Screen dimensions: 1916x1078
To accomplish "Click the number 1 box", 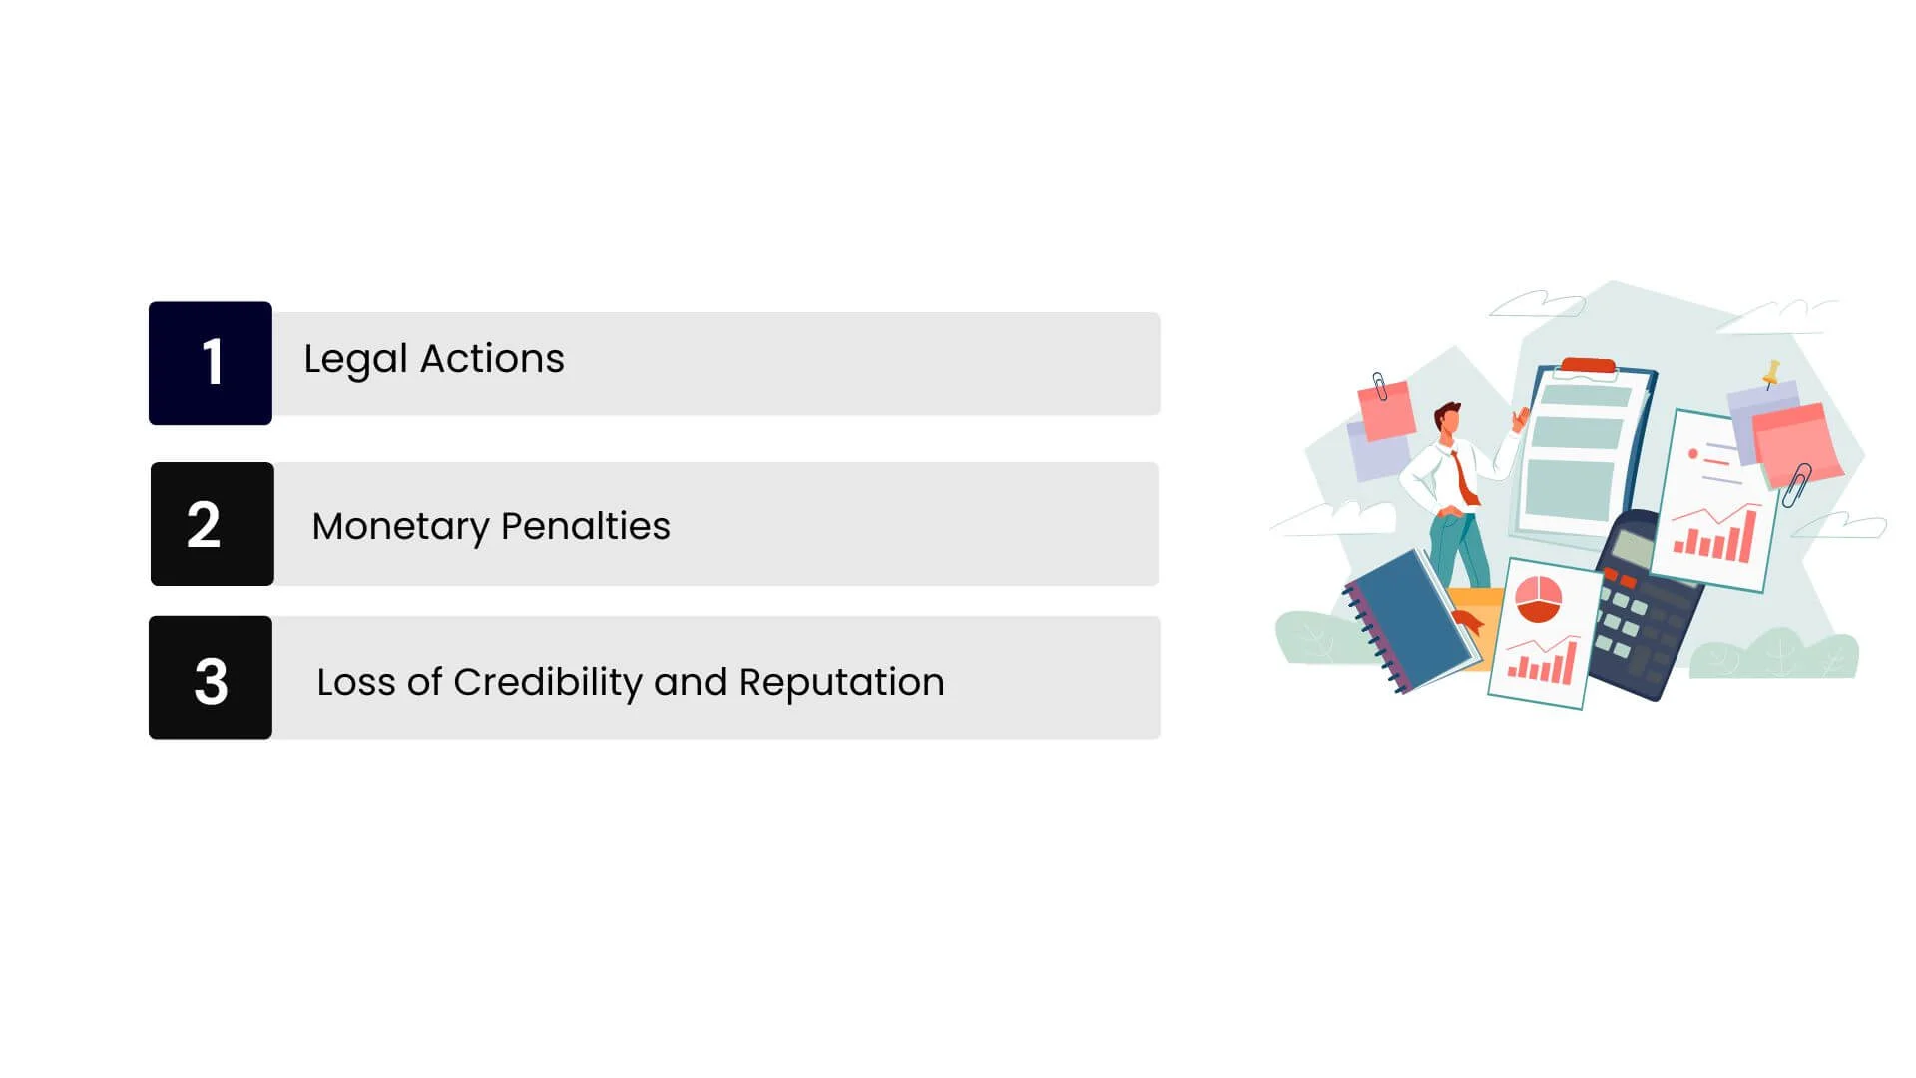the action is tap(211, 363).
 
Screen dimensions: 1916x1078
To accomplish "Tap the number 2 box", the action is tap(213, 524).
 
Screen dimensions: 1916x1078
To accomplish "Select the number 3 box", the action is tap(211, 678).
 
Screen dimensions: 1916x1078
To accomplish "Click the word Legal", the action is tap(355, 360).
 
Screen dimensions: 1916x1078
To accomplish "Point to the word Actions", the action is tap(492, 359).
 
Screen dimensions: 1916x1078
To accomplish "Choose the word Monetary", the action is tap(400, 527).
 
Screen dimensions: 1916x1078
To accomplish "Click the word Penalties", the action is tap(586, 526).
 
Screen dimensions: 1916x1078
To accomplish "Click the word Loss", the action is tap(356, 683).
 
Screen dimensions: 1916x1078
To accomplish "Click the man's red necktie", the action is tap(1464, 478).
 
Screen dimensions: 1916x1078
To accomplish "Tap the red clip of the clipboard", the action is tap(1588, 366).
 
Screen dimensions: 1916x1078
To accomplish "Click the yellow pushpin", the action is tap(1771, 374).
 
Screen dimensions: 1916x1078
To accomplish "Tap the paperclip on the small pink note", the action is tap(1379, 386).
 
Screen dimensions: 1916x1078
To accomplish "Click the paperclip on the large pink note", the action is tap(1797, 485).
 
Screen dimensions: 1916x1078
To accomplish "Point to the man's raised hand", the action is tap(1521, 419).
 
